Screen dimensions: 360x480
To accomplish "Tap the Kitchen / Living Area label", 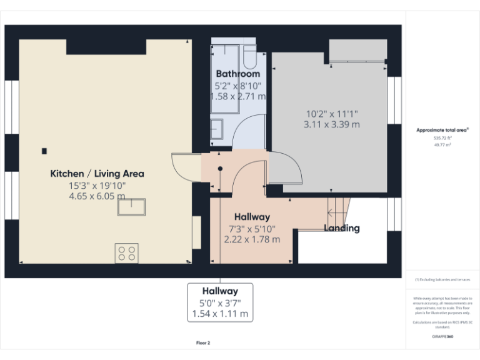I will (x=97, y=174).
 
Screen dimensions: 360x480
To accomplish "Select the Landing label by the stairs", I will (x=341, y=228).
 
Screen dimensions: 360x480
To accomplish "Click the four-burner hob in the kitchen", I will (x=126, y=253).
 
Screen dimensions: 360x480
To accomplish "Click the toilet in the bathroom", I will (x=249, y=57).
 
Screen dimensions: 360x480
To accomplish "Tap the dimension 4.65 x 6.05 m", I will (x=97, y=196).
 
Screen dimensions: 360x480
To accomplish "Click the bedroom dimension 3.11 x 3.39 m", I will (x=331, y=124).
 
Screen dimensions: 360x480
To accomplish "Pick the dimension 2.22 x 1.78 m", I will (x=252, y=239).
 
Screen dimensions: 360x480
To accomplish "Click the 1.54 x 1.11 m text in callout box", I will (x=220, y=313).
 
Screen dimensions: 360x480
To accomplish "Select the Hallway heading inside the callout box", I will (x=220, y=291).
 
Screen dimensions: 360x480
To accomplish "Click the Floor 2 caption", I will (x=203, y=343).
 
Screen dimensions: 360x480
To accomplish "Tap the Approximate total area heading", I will (x=442, y=130).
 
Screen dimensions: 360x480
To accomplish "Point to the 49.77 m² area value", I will (x=442, y=144).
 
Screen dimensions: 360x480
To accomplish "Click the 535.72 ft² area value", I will (x=442, y=137).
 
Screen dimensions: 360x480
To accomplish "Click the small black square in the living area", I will (x=44, y=151).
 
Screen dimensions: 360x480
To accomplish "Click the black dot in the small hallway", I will (x=220, y=168).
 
